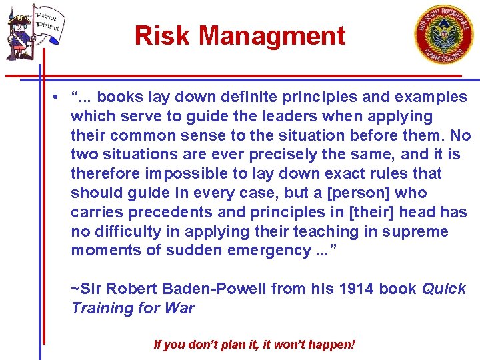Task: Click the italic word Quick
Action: coord(445,289)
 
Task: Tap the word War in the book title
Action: coord(181,308)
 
